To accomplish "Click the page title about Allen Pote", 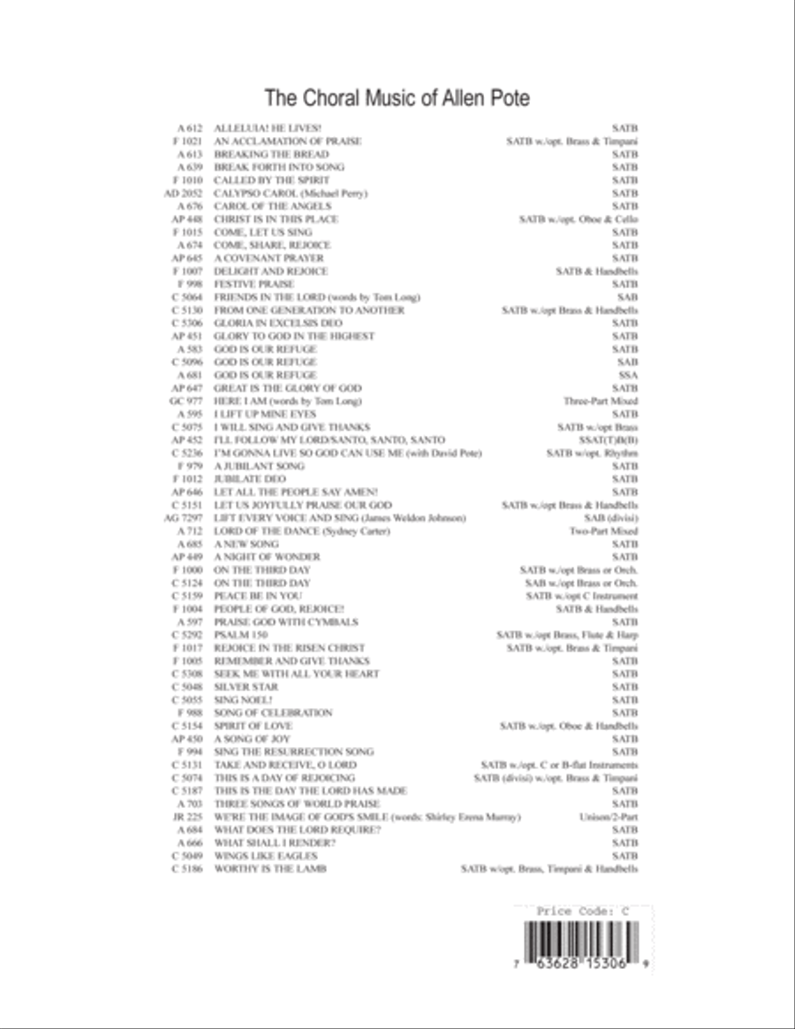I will click(397, 97).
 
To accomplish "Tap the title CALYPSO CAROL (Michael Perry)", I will click(291, 193).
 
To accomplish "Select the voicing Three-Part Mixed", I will click(601, 400).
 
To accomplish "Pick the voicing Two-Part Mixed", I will click(604, 531).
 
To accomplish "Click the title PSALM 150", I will click(241, 635).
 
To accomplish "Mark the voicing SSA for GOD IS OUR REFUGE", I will click(628, 375).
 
